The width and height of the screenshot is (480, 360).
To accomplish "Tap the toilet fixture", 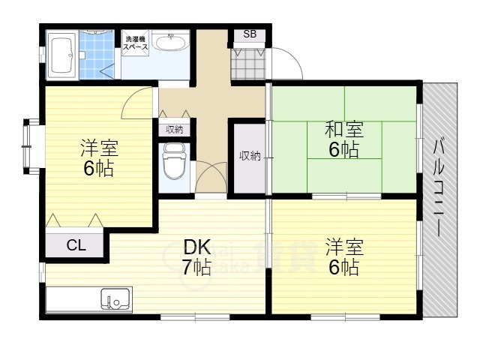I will click(x=174, y=163).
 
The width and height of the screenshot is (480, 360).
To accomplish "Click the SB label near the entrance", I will click(x=250, y=34).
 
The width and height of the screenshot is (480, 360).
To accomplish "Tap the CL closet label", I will click(x=75, y=244).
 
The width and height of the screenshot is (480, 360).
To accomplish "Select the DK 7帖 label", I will click(x=195, y=256).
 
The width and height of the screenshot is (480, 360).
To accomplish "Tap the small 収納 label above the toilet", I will click(x=174, y=130).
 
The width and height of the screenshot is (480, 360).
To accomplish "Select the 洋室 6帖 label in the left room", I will click(x=99, y=157).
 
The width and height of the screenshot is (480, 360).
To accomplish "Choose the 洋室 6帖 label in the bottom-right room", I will click(x=343, y=256).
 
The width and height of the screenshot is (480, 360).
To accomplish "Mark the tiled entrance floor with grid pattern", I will click(x=247, y=64).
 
